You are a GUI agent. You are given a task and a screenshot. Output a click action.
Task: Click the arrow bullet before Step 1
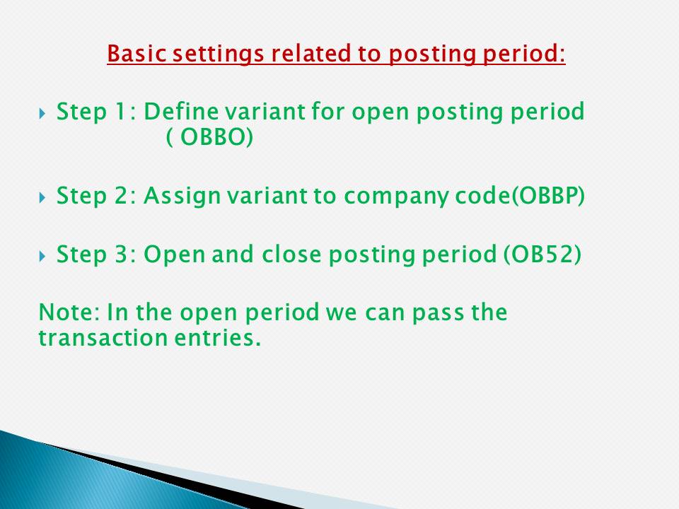click(42, 112)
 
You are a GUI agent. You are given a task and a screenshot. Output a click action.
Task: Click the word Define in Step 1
click(176, 112)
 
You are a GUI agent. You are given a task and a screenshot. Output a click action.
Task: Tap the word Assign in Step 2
click(177, 197)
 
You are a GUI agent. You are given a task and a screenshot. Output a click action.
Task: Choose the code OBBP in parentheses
click(550, 197)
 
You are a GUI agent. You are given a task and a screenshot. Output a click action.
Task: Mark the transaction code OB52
click(542, 255)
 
